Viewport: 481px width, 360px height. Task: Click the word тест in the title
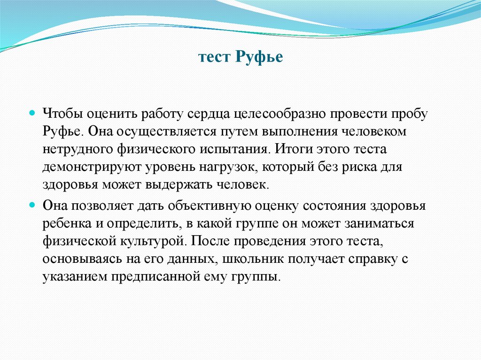coord(214,58)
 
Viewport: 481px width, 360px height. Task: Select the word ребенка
coord(64,223)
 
